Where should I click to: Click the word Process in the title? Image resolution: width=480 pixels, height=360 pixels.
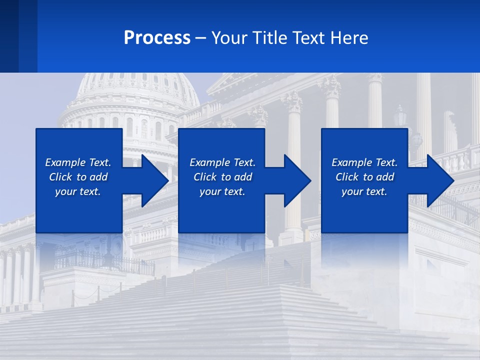click(157, 38)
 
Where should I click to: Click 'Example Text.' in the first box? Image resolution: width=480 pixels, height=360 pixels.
click(78, 162)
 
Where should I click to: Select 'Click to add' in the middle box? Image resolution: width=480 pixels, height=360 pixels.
click(222, 177)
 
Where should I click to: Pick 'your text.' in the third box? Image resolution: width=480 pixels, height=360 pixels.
click(364, 191)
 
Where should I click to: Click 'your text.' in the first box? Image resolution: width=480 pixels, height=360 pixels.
click(78, 191)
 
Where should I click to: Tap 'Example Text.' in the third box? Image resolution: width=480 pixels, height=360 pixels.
click(364, 162)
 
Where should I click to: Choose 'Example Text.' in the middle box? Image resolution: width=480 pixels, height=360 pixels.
click(222, 162)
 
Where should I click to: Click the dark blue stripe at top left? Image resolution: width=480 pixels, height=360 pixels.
click(18, 36)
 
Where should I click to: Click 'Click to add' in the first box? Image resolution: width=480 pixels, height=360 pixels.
click(78, 177)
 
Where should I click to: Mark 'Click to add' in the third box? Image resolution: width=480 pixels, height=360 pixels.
click(364, 177)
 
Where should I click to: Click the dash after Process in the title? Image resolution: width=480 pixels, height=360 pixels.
click(200, 38)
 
